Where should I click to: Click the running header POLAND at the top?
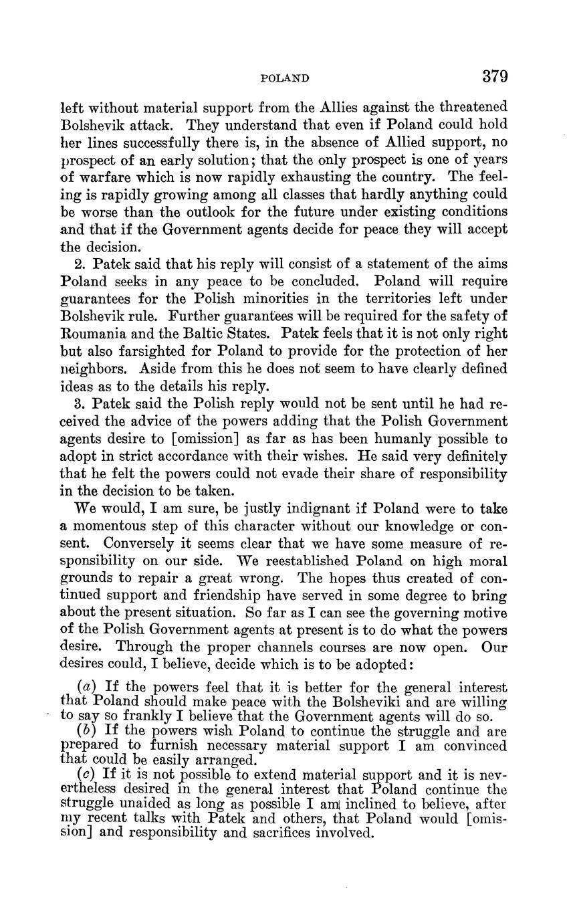point(284,78)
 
